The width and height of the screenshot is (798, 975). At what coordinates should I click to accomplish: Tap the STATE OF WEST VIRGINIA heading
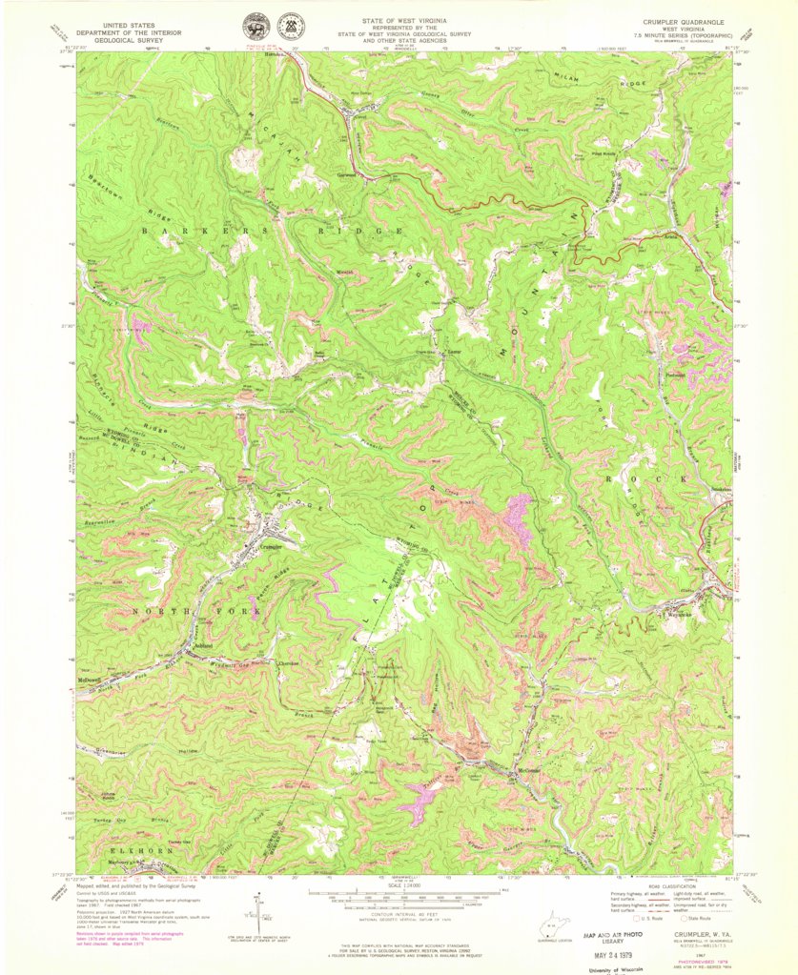(399, 19)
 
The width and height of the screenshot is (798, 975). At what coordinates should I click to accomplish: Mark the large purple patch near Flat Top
(520, 519)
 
